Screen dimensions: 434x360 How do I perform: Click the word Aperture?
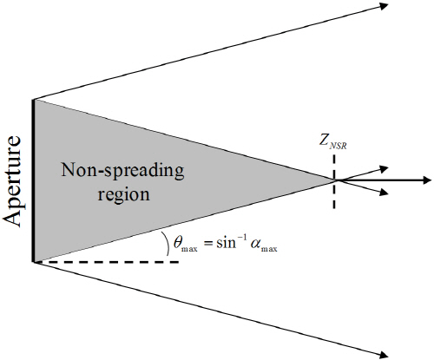point(13,181)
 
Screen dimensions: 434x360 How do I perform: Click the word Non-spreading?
point(122,170)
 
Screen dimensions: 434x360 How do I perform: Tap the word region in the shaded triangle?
point(124,194)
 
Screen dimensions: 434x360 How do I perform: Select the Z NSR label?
point(333,142)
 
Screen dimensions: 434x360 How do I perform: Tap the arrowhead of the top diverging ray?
point(384,5)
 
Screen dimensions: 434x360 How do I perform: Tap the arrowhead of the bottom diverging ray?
point(384,355)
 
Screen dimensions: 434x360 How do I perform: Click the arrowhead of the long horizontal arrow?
point(427,180)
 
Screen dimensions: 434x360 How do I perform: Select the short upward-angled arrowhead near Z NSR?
point(384,169)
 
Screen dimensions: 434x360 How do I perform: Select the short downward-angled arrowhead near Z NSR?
point(384,192)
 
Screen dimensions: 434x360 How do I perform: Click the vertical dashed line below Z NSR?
point(334,181)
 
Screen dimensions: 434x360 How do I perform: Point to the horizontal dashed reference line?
point(107,262)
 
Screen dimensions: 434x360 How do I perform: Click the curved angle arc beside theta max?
point(168,244)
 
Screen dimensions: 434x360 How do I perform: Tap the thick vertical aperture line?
point(34,180)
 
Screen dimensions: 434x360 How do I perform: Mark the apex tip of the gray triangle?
point(336,180)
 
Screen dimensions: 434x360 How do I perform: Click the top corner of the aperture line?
point(34,100)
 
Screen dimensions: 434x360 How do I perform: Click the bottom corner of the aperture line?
point(34,262)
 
